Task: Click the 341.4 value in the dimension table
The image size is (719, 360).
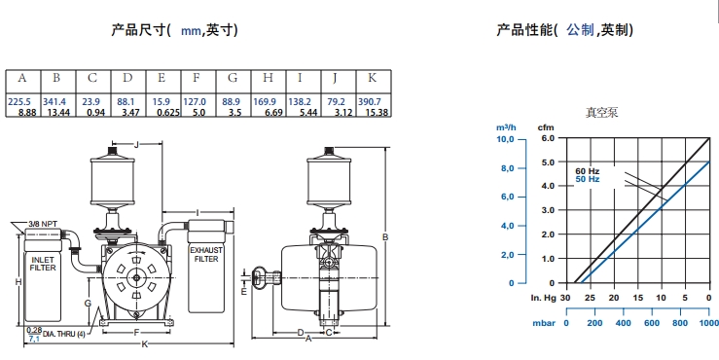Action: point(54,101)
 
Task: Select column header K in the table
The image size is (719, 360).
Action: point(372,78)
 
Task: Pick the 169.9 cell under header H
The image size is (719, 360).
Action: point(265,101)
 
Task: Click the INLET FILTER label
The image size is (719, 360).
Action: point(43,264)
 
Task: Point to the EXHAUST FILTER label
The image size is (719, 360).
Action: point(206,255)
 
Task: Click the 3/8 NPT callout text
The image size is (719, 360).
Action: point(43,224)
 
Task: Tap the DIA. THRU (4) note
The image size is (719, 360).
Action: point(64,334)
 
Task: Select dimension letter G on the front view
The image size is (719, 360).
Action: point(88,304)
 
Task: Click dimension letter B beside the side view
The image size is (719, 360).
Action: point(385,236)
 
